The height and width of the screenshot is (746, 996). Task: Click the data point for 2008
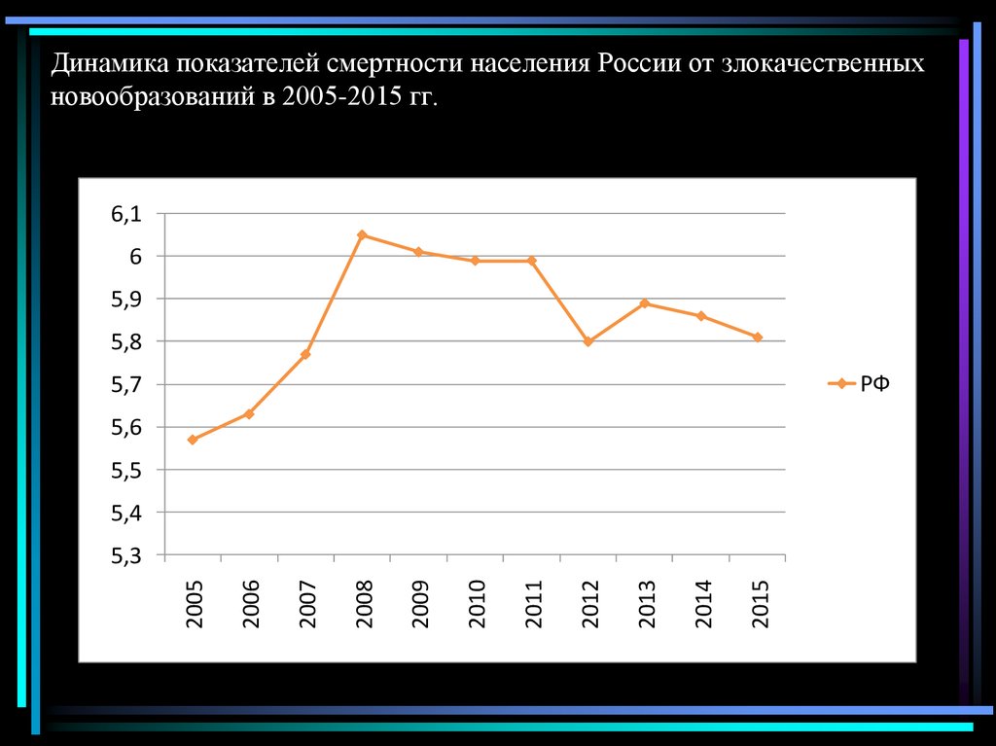click(362, 235)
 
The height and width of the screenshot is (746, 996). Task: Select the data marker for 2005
click(193, 440)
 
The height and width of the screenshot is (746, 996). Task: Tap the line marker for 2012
click(588, 341)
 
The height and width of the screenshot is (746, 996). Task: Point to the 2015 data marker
click(758, 337)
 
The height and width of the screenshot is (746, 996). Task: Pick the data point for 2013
click(645, 303)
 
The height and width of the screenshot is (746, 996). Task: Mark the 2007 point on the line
click(305, 354)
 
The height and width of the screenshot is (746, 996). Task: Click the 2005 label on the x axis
click(195, 603)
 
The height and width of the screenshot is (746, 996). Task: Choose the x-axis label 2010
click(477, 603)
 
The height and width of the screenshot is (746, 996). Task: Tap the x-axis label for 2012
click(589, 603)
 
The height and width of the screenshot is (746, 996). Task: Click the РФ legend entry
click(873, 384)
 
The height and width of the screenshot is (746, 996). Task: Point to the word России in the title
click(639, 65)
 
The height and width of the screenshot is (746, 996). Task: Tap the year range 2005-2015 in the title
click(340, 97)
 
